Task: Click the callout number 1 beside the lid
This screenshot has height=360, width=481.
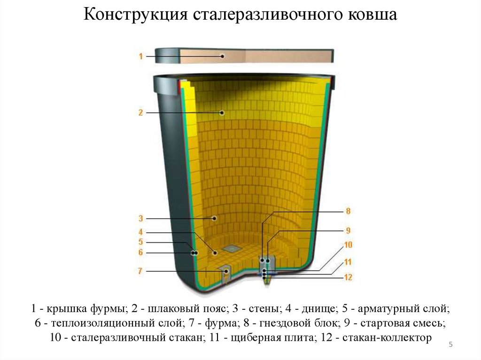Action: pyautogui.click(x=140, y=56)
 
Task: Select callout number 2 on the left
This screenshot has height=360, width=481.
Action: pyautogui.click(x=140, y=113)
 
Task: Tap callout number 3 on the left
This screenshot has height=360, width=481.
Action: pyautogui.click(x=140, y=218)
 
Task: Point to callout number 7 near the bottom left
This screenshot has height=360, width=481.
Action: pyautogui.click(x=140, y=271)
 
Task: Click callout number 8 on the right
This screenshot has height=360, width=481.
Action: pyautogui.click(x=348, y=211)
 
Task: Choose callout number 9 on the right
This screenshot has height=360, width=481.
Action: pyautogui.click(x=348, y=230)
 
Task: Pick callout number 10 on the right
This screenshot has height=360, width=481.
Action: pyautogui.click(x=348, y=245)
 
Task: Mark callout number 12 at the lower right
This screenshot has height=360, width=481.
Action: pyautogui.click(x=348, y=277)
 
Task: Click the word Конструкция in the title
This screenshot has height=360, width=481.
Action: pyautogui.click(x=136, y=15)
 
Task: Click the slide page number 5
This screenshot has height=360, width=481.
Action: pyautogui.click(x=450, y=345)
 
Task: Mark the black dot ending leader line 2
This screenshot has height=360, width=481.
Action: pyautogui.click(x=223, y=113)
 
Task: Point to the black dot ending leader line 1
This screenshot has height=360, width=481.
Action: pyautogui.click(x=223, y=56)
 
